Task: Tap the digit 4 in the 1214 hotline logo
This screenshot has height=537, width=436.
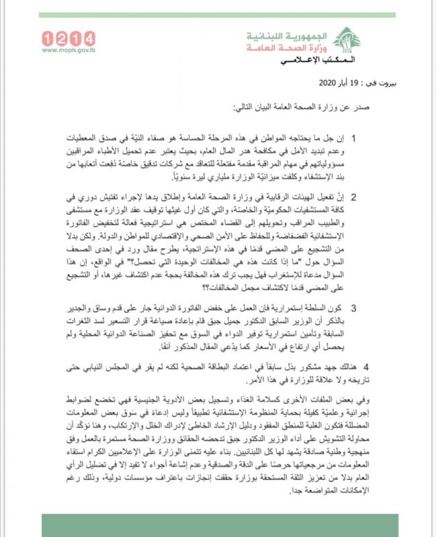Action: click(x=88, y=38)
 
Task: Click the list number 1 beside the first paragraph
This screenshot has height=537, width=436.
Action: click(x=392, y=137)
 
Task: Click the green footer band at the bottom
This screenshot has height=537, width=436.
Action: click(x=218, y=524)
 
